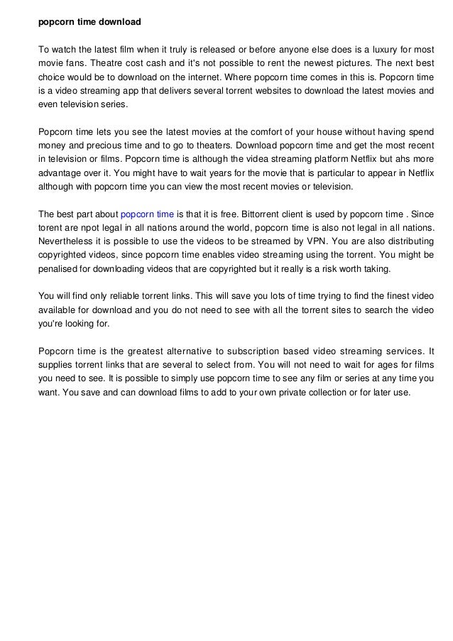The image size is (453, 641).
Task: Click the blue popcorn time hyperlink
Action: click(x=148, y=213)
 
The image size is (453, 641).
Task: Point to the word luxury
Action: click(x=382, y=49)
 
